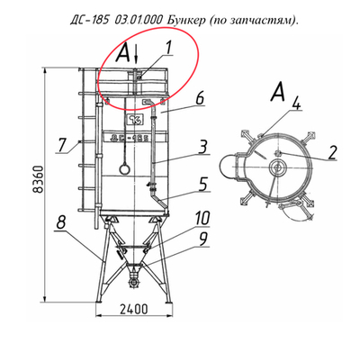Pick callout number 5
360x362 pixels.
[x=203, y=184]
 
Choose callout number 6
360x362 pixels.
[x=200, y=95]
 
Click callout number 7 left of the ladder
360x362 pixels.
[x=61, y=143]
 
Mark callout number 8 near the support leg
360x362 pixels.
[x=58, y=221]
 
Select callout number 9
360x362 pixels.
[x=203, y=239]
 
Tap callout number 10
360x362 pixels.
[x=202, y=217]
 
